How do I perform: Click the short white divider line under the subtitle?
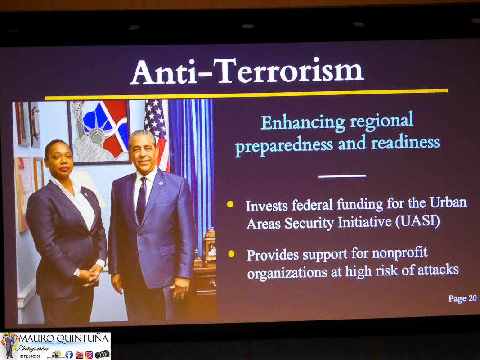(342, 176)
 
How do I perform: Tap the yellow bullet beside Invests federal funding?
(230, 204)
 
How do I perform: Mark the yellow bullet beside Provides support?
(231, 253)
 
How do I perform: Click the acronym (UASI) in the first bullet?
(418, 221)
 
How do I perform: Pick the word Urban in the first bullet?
(448, 202)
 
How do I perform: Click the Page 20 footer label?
(462, 298)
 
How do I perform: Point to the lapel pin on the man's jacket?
(161, 183)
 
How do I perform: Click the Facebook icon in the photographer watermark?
(69, 355)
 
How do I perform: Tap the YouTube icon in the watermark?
(79, 355)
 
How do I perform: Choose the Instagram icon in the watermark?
(89, 355)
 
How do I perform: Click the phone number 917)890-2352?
(30, 356)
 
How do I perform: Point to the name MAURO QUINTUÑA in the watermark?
(64, 338)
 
